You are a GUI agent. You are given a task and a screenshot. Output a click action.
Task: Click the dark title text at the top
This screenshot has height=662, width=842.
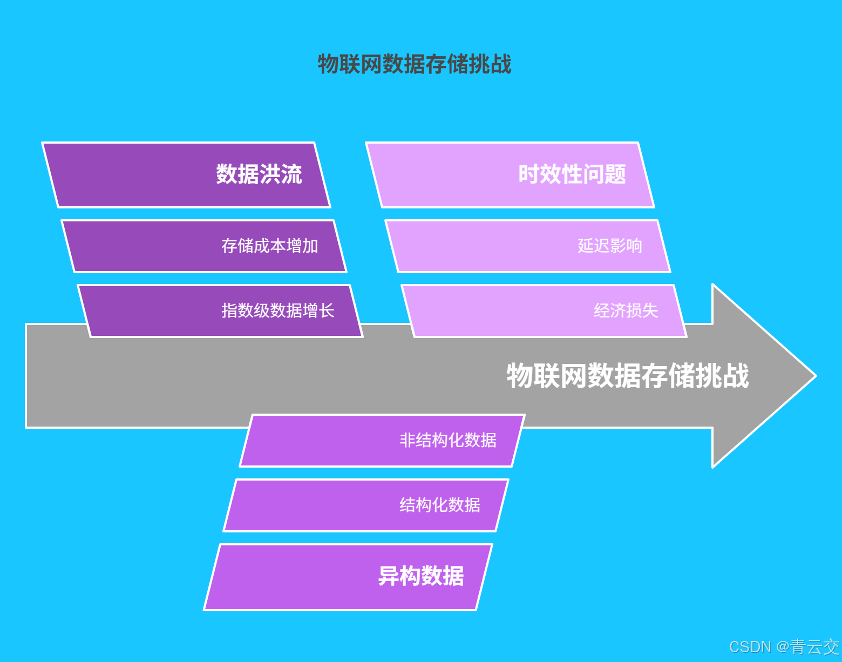point(414,64)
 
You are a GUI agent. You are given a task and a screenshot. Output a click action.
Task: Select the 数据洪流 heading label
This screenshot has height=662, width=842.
point(259,174)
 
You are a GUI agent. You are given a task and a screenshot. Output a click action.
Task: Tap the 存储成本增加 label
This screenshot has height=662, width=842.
point(269,246)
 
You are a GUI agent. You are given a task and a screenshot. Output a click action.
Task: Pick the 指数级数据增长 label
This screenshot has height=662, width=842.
point(277,310)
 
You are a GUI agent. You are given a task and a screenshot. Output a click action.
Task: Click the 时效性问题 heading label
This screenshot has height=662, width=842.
point(572,174)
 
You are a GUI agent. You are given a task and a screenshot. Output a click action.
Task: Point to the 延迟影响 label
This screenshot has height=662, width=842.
point(610,246)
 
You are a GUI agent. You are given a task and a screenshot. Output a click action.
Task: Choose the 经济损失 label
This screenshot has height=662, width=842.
point(626,310)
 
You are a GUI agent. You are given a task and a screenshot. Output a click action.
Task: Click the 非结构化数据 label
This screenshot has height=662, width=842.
point(448,440)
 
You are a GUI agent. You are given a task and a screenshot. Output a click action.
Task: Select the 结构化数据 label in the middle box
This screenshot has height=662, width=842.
point(440,505)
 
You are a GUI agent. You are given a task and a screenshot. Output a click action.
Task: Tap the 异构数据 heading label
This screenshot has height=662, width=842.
point(421,576)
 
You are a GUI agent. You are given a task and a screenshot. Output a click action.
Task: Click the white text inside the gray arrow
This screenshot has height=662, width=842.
point(628,375)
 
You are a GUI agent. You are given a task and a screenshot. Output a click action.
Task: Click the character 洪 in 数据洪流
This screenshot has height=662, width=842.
point(270,174)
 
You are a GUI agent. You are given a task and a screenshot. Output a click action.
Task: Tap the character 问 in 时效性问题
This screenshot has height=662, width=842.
point(594,174)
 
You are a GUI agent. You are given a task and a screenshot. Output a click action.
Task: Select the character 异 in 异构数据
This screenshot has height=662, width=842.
point(389,576)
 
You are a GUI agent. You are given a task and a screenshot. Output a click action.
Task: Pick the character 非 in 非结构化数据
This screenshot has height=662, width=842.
point(408,440)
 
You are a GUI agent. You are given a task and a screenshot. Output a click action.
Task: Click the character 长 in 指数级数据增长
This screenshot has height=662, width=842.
point(327,310)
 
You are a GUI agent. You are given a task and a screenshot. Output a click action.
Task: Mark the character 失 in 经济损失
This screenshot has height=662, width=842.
point(650,310)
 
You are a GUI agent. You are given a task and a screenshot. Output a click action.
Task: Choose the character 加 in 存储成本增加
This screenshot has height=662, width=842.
point(310,246)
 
